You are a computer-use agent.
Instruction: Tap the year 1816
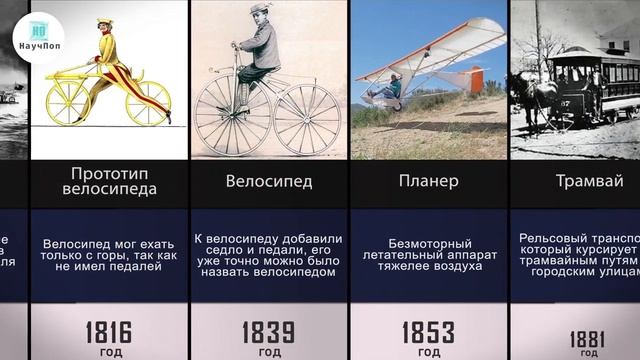[108, 331]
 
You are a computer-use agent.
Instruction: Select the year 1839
[268, 331]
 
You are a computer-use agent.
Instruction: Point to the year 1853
[428, 331]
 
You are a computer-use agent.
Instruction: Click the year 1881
[587, 338]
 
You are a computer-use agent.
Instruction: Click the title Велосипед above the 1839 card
[268, 182]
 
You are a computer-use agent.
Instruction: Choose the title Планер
[428, 182]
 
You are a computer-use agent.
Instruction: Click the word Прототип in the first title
[108, 172]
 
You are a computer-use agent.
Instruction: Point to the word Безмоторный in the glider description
[428, 243]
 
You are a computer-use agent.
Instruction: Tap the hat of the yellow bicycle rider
[105, 22]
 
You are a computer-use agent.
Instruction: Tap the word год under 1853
[428, 352]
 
